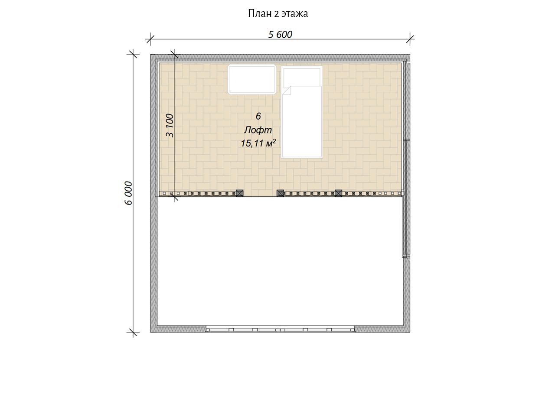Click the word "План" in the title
click(x=260, y=13)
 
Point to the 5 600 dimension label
click(x=280, y=35)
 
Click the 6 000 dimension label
click(x=129, y=193)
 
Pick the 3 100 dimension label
click(x=170, y=126)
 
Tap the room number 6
click(x=258, y=116)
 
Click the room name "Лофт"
click(x=258, y=130)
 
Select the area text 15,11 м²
click(x=258, y=143)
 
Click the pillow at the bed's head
click(x=302, y=77)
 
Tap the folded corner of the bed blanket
click(x=287, y=91)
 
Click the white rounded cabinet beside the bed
click(x=252, y=79)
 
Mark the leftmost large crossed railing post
click(x=239, y=193)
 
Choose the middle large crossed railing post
click(x=280, y=193)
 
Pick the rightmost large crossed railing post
click(x=338, y=193)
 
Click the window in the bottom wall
click(x=280, y=329)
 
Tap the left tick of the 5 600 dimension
click(x=150, y=39)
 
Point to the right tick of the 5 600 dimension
click(x=410, y=39)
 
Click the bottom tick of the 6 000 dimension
click(x=133, y=332)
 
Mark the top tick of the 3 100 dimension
click(x=174, y=54)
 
